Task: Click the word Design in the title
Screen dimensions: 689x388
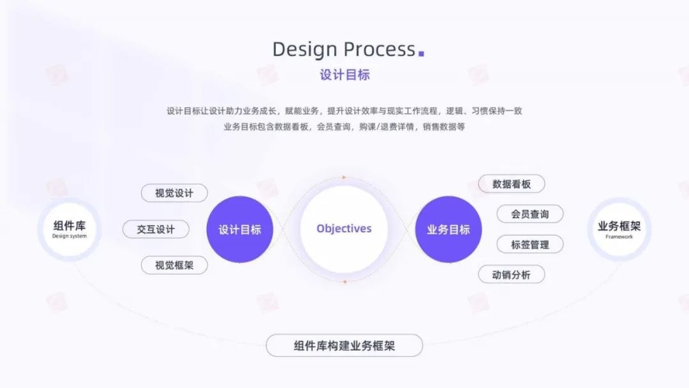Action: point(305,49)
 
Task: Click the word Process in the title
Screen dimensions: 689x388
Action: point(380,49)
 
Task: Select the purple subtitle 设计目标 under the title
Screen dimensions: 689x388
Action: point(344,75)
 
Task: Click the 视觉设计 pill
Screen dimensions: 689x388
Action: point(174,193)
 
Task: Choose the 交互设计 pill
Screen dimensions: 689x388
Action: point(156,229)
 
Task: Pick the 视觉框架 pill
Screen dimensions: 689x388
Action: point(174,265)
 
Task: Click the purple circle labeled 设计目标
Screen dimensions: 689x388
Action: point(240,229)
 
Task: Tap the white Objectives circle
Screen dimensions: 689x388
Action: point(344,228)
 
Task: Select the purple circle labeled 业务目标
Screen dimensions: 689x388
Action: point(448,229)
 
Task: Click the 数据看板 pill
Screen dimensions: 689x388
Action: point(512,184)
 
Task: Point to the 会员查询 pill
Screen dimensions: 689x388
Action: point(530,214)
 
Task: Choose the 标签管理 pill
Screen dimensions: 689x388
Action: point(530,244)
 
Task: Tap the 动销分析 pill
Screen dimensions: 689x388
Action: point(512,274)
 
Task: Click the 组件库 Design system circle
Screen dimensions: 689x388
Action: point(70,229)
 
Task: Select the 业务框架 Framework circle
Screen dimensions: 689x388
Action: point(619,229)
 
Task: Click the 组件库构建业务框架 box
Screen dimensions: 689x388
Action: point(344,345)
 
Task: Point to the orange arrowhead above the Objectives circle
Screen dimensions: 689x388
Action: point(344,177)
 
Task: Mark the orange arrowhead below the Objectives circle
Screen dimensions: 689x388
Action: point(344,280)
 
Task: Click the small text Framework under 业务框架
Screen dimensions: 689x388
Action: point(619,237)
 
